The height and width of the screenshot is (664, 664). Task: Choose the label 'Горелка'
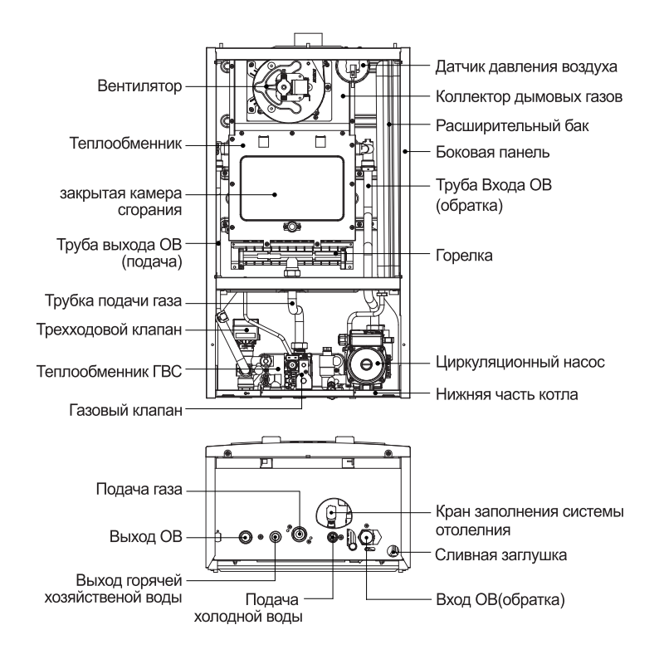464,256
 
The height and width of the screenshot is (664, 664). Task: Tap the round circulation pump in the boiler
364,362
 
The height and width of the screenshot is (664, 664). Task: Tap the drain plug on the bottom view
395,550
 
